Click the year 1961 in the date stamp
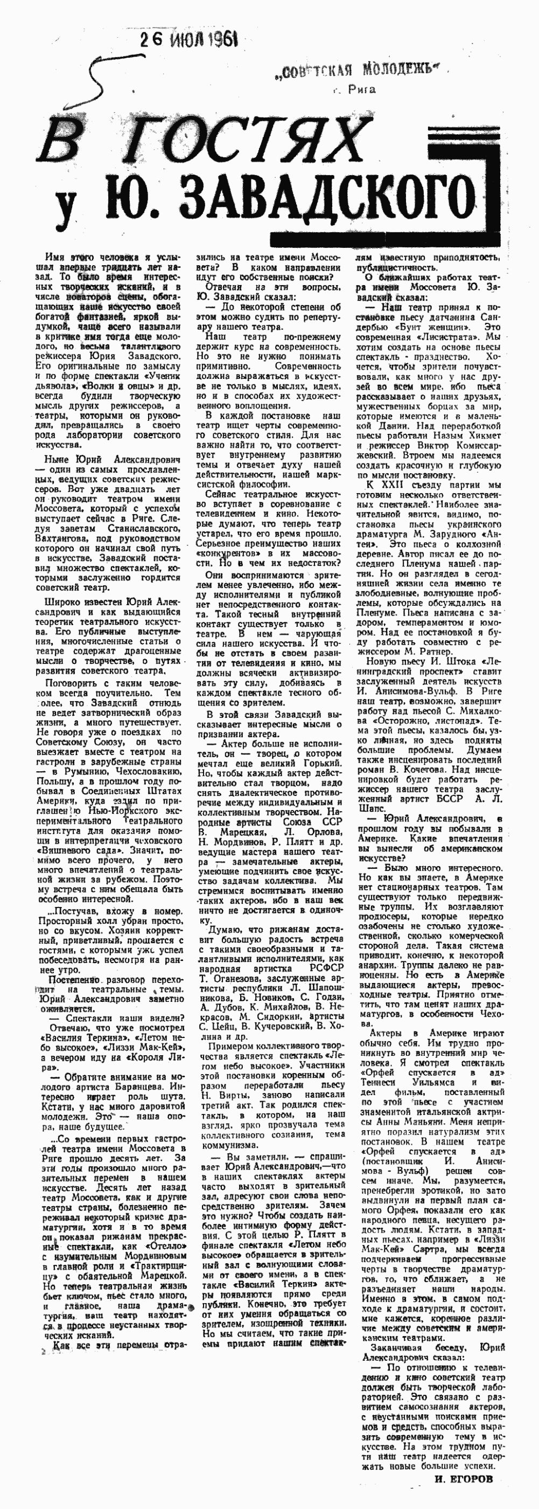click(221, 40)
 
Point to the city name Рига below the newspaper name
click(361, 90)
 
